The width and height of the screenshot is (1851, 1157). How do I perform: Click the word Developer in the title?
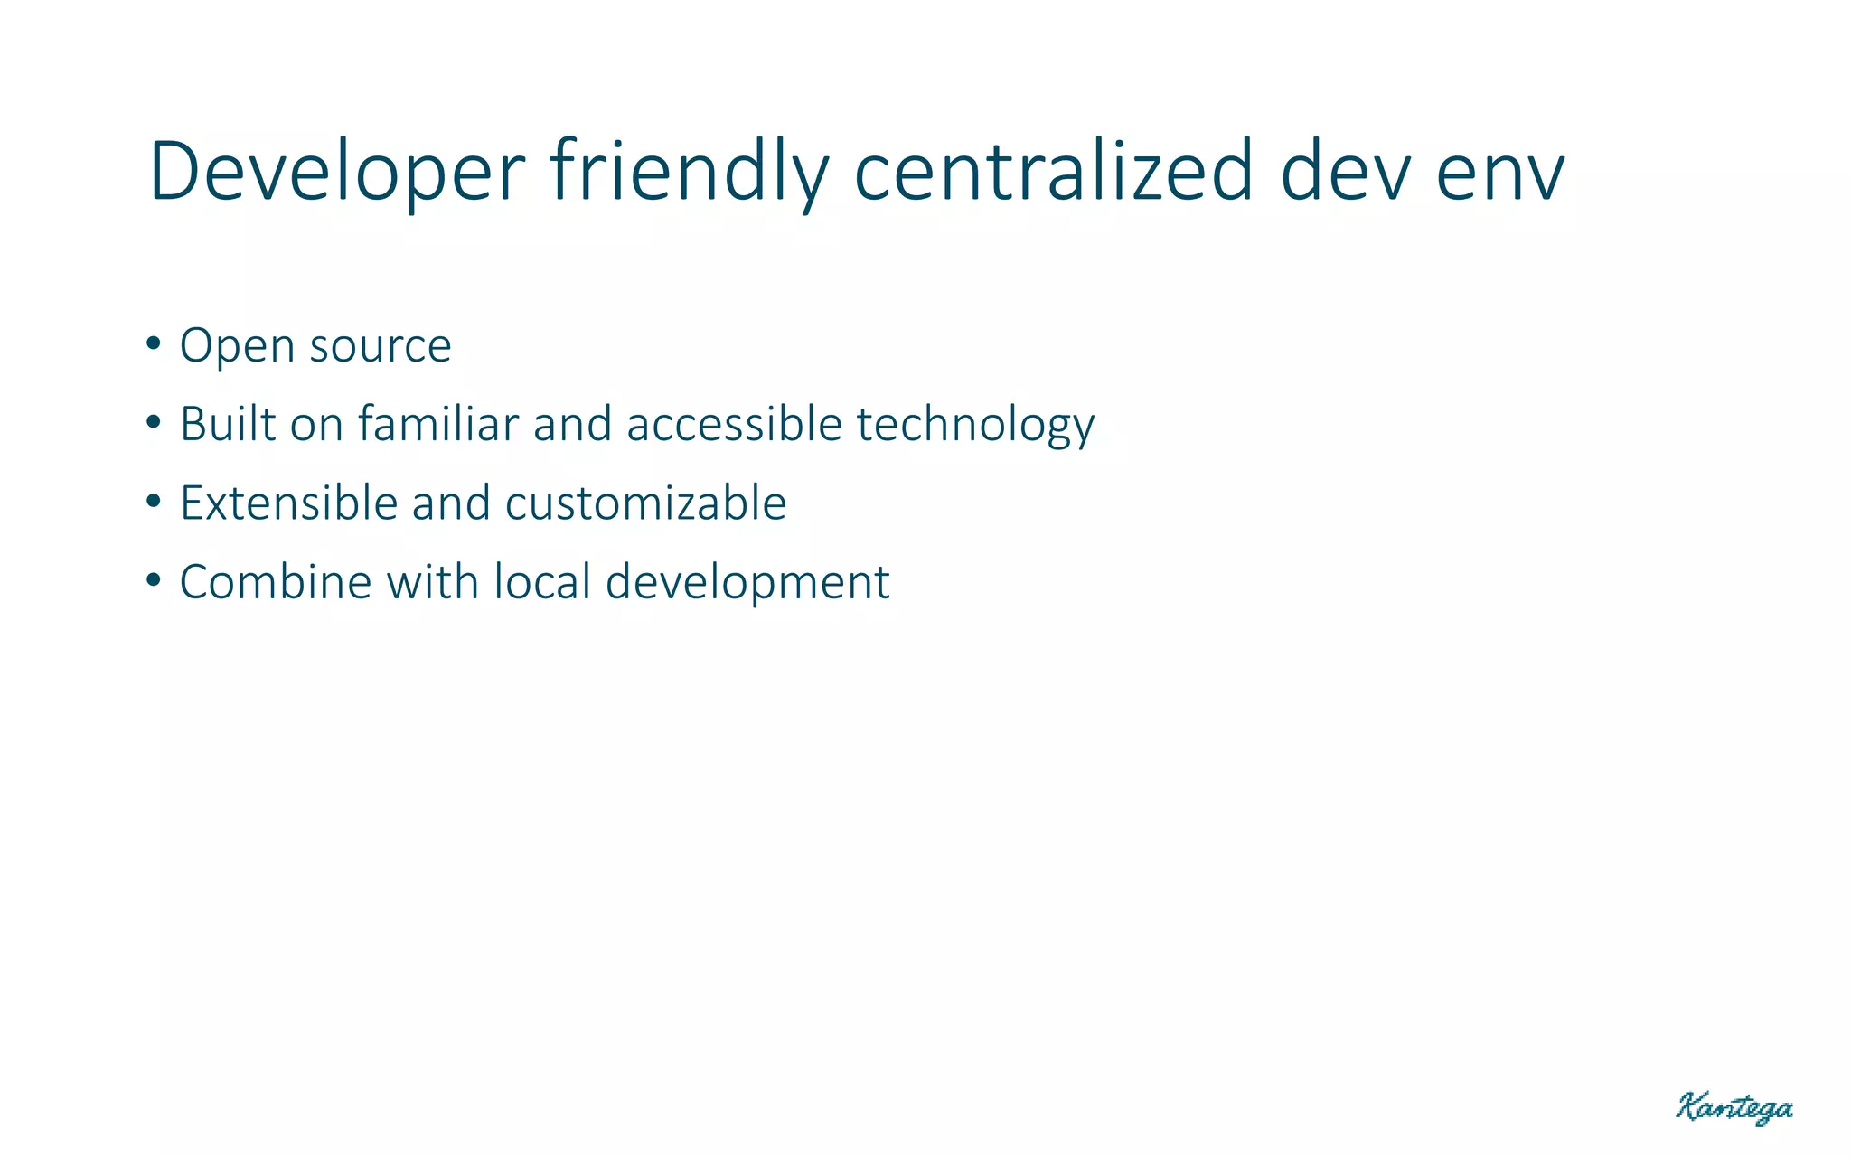pyautogui.click(x=336, y=172)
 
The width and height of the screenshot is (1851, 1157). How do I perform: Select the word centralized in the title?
pyautogui.click(x=1054, y=172)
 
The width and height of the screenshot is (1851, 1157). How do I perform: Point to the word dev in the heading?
pyautogui.click(x=1346, y=172)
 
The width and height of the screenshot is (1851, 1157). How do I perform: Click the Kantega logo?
pyautogui.click(x=1734, y=1108)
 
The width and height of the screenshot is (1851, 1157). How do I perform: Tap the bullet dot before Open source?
pyautogui.click(x=153, y=344)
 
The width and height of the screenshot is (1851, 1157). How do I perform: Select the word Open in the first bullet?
pyautogui.click(x=237, y=347)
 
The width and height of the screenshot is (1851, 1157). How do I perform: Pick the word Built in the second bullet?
pyautogui.click(x=228, y=424)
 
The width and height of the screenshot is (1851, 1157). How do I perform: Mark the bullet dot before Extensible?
pyautogui.click(x=153, y=502)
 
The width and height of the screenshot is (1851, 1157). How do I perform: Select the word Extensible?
pyautogui.click(x=288, y=503)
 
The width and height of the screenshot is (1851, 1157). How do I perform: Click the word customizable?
pyautogui.click(x=645, y=503)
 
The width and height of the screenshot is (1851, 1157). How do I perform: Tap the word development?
pyautogui.click(x=747, y=584)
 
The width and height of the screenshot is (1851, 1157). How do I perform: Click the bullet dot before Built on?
pyautogui.click(x=153, y=422)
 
